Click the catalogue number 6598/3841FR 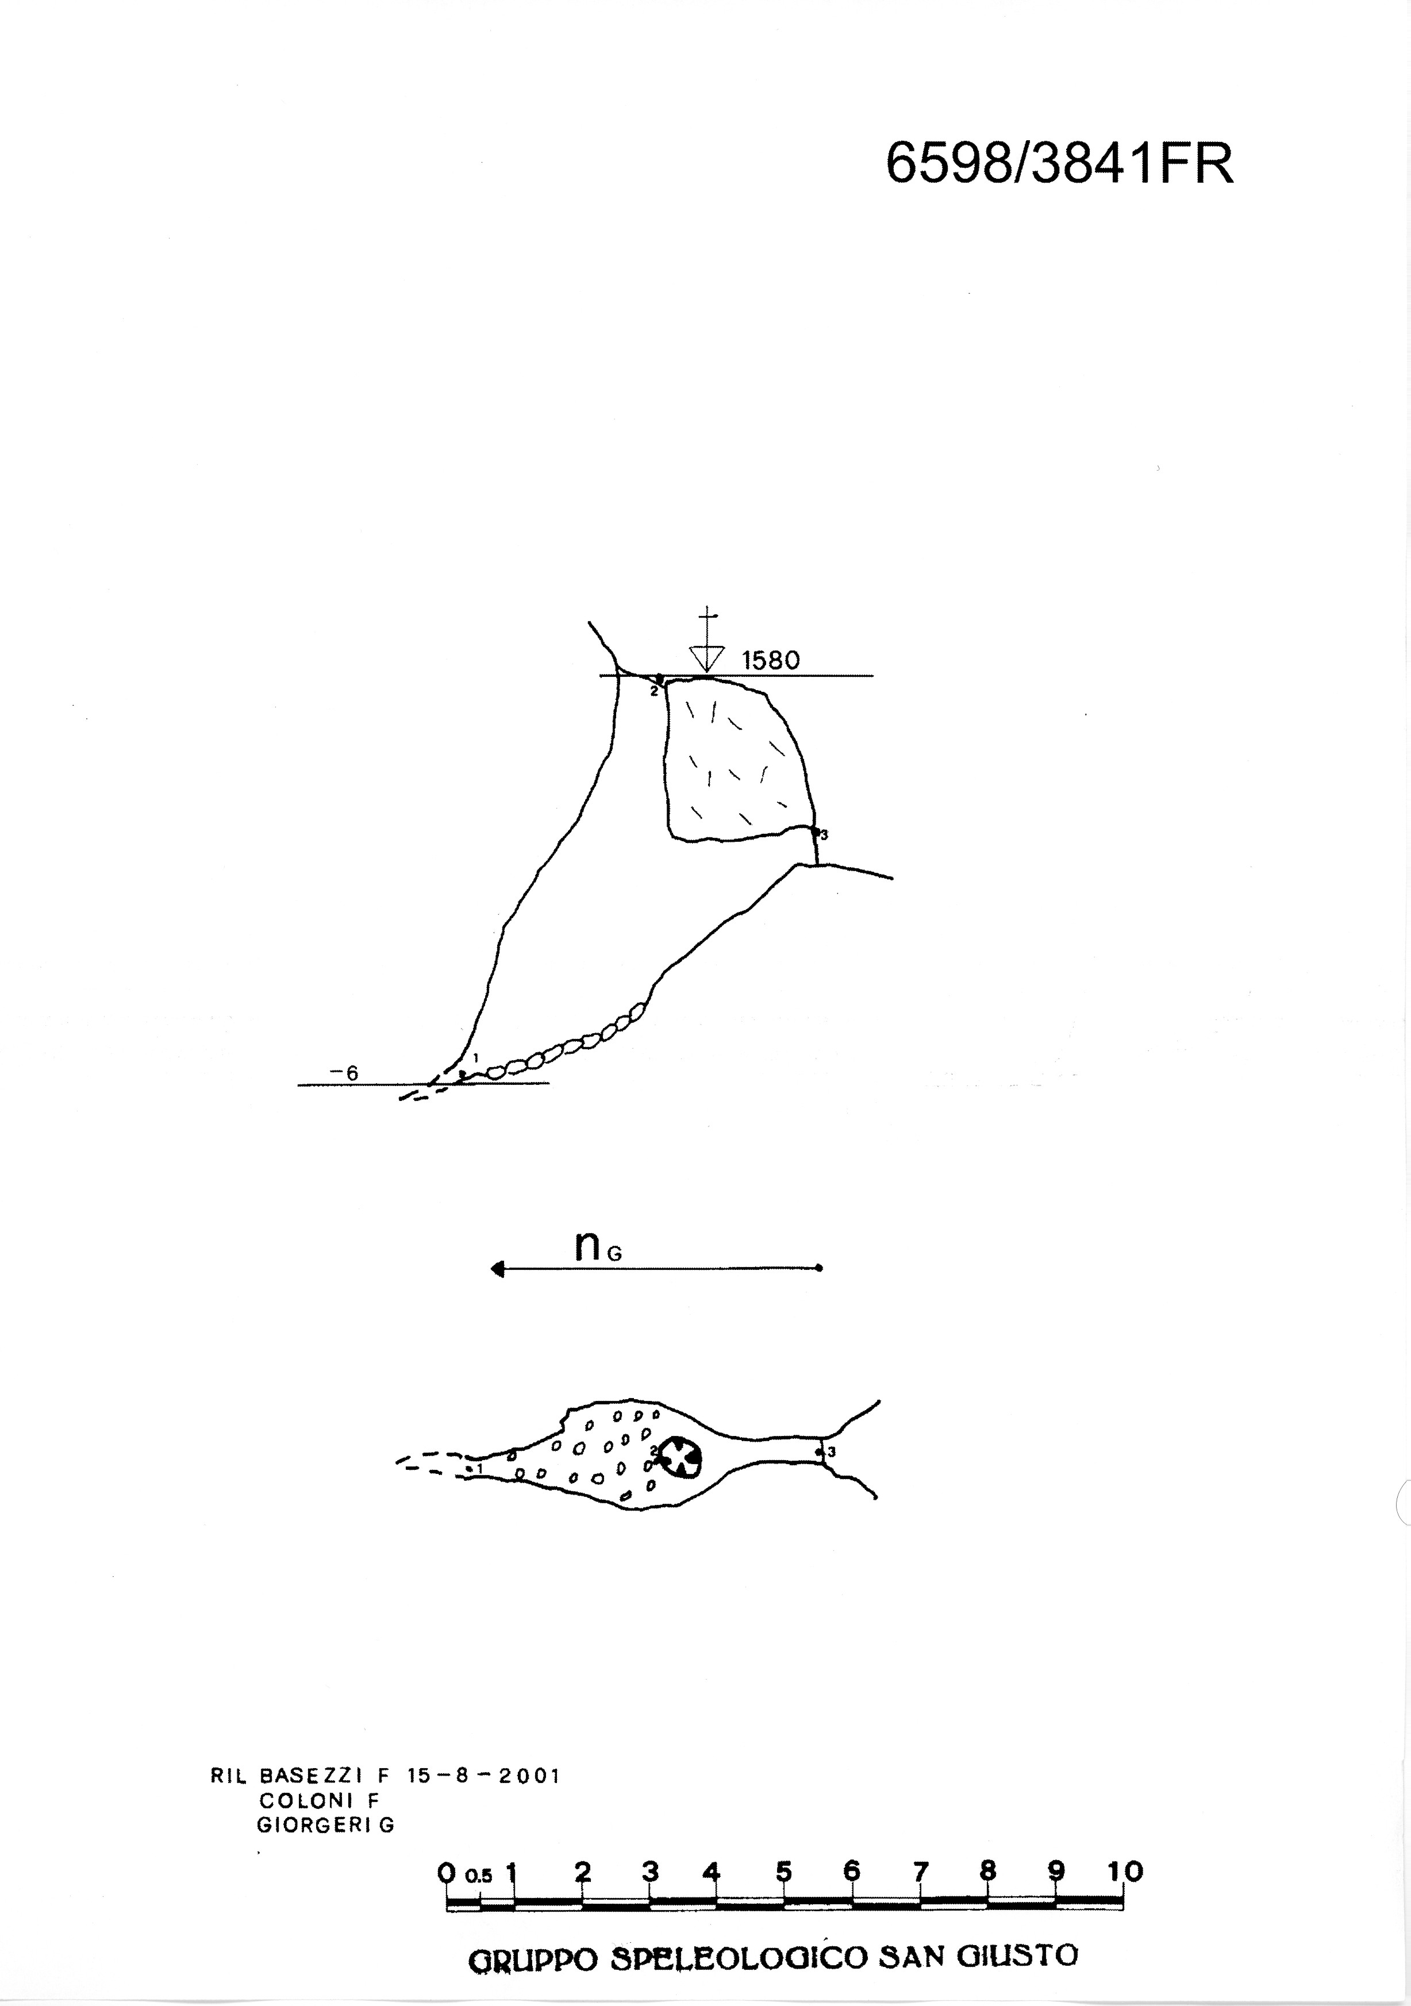pos(1060,163)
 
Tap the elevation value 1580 pos(771,660)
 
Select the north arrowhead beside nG pos(498,1269)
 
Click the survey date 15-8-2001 pos(483,1776)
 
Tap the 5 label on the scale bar pos(784,1872)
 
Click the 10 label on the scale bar pos(1125,1872)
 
